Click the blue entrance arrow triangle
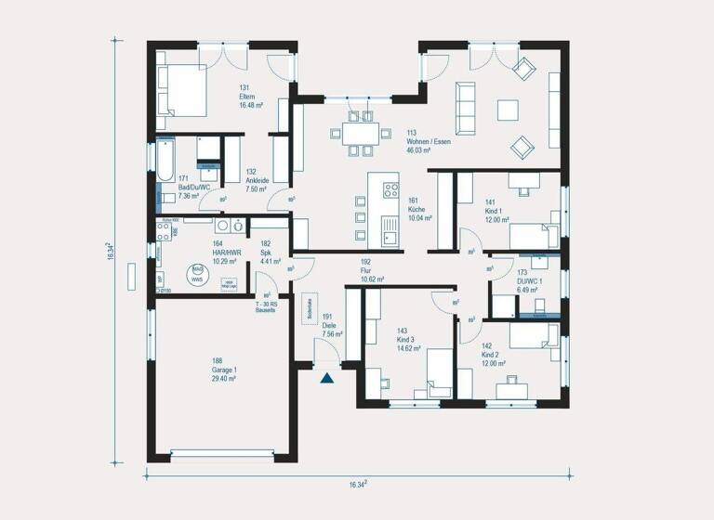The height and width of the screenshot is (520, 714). (326, 377)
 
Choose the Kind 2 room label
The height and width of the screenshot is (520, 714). (494, 357)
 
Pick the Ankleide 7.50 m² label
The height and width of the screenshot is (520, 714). (256, 181)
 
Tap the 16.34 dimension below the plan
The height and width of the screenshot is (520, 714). (358, 484)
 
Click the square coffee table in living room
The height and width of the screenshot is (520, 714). (508, 110)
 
